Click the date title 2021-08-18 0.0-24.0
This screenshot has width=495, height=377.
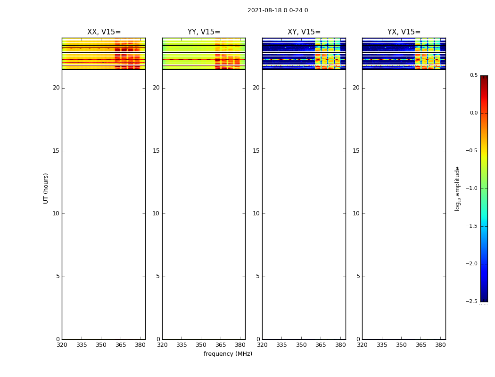pyautogui.click(x=278, y=10)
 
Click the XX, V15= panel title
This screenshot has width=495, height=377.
pyautogui.click(x=104, y=32)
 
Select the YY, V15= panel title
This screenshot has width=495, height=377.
pyautogui.click(x=204, y=32)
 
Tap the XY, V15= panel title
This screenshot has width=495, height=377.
pyautogui.click(x=304, y=32)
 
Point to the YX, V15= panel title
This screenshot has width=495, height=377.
pyautogui.click(x=404, y=32)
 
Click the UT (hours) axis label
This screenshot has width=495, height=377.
pyautogui.click(x=46, y=188)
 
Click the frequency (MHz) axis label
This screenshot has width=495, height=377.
pyautogui.click(x=228, y=354)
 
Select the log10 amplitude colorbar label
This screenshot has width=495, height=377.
pyautogui.click(x=457, y=188)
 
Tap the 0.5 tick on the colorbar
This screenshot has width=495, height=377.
pyautogui.click(x=473, y=75)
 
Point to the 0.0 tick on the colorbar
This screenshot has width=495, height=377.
pyautogui.click(x=473, y=113)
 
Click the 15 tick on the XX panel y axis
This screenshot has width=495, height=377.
pyautogui.click(x=56, y=151)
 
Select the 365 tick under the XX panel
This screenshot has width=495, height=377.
pyautogui.click(x=121, y=345)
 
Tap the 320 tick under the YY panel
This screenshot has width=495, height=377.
pyautogui.click(x=162, y=345)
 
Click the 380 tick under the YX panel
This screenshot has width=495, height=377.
pyautogui.click(x=440, y=345)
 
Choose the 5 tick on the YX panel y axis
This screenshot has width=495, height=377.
pyautogui.click(x=358, y=277)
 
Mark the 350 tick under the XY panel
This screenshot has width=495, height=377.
pyautogui.click(x=301, y=345)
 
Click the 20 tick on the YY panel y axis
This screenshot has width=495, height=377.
pyautogui.click(x=156, y=88)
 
